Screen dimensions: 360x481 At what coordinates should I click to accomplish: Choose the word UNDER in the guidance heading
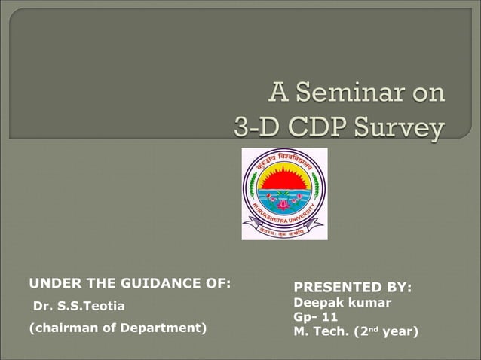pos(51,284)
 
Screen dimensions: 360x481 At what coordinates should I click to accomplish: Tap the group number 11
pos(329,317)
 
